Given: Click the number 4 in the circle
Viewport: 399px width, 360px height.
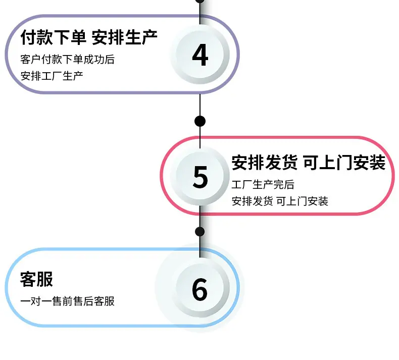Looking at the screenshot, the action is coord(201,55).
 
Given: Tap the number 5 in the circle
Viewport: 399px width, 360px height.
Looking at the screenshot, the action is coord(201,177).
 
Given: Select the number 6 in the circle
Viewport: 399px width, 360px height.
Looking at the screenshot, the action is coord(200,289).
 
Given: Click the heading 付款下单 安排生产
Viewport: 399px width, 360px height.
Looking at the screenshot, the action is coord(89,37).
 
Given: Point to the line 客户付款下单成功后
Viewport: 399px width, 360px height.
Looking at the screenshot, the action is coord(68,59).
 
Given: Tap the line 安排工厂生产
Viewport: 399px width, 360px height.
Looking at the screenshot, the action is coord(52,76).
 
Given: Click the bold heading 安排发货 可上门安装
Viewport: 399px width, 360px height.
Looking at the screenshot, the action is coord(309,162).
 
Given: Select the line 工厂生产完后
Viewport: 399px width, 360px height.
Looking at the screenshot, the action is coord(263,185).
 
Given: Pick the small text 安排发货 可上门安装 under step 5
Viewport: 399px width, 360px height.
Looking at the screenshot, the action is coord(280,201).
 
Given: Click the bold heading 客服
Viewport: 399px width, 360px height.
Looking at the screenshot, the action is coord(37,279).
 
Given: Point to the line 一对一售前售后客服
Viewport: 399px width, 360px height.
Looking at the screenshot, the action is coord(68,301).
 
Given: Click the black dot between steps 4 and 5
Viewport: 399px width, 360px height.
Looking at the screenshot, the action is coord(200,121).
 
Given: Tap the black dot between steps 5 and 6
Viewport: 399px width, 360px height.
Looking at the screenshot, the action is coord(200,232).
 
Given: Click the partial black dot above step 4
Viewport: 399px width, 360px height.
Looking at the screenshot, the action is coord(200,1).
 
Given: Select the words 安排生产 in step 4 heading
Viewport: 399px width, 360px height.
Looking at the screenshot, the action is coord(124,37).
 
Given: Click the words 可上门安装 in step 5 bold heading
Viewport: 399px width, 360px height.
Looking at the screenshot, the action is coord(344,162).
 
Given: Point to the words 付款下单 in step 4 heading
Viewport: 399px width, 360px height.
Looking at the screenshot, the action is coord(53,37).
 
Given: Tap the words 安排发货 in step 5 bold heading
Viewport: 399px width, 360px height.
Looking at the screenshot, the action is coord(264,162).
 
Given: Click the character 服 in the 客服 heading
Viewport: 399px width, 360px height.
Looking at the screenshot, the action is coord(45,279).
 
